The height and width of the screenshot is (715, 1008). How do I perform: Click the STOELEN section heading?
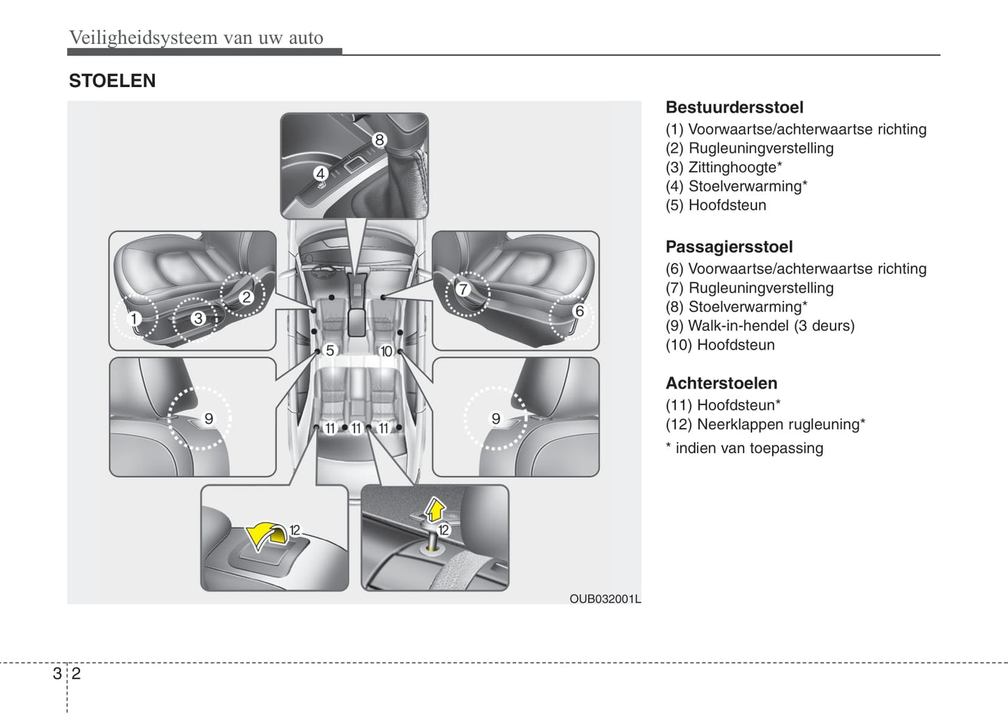(x=112, y=81)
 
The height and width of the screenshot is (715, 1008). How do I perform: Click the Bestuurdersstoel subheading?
(x=734, y=107)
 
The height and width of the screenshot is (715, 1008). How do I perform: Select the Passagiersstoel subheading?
(x=728, y=247)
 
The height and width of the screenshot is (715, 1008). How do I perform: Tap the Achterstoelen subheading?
(x=721, y=383)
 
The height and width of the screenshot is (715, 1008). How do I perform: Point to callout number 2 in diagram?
(x=246, y=297)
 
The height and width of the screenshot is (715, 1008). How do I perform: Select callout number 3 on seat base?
(x=198, y=318)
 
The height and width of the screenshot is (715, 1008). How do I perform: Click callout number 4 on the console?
(x=320, y=174)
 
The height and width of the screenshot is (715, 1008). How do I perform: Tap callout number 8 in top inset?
(x=379, y=140)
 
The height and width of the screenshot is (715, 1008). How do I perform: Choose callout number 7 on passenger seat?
(x=463, y=289)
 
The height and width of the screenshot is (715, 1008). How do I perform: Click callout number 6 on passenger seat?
(x=578, y=311)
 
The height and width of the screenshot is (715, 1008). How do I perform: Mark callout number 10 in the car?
(x=386, y=351)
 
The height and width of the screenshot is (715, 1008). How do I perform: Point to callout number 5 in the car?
(x=330, y=351)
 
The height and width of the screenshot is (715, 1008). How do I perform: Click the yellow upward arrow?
(x=435, y=510)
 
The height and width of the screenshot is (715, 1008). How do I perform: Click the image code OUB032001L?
(x=605, y=599)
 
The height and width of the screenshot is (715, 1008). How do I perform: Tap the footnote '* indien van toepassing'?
(x=744, y=448)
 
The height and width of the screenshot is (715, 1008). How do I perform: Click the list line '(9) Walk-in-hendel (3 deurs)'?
(x=760, y=325)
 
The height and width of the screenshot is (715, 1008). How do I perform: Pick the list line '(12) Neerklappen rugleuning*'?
(x=765, y=424)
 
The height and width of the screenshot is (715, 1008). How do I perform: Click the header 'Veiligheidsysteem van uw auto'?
(x=196, y=38)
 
